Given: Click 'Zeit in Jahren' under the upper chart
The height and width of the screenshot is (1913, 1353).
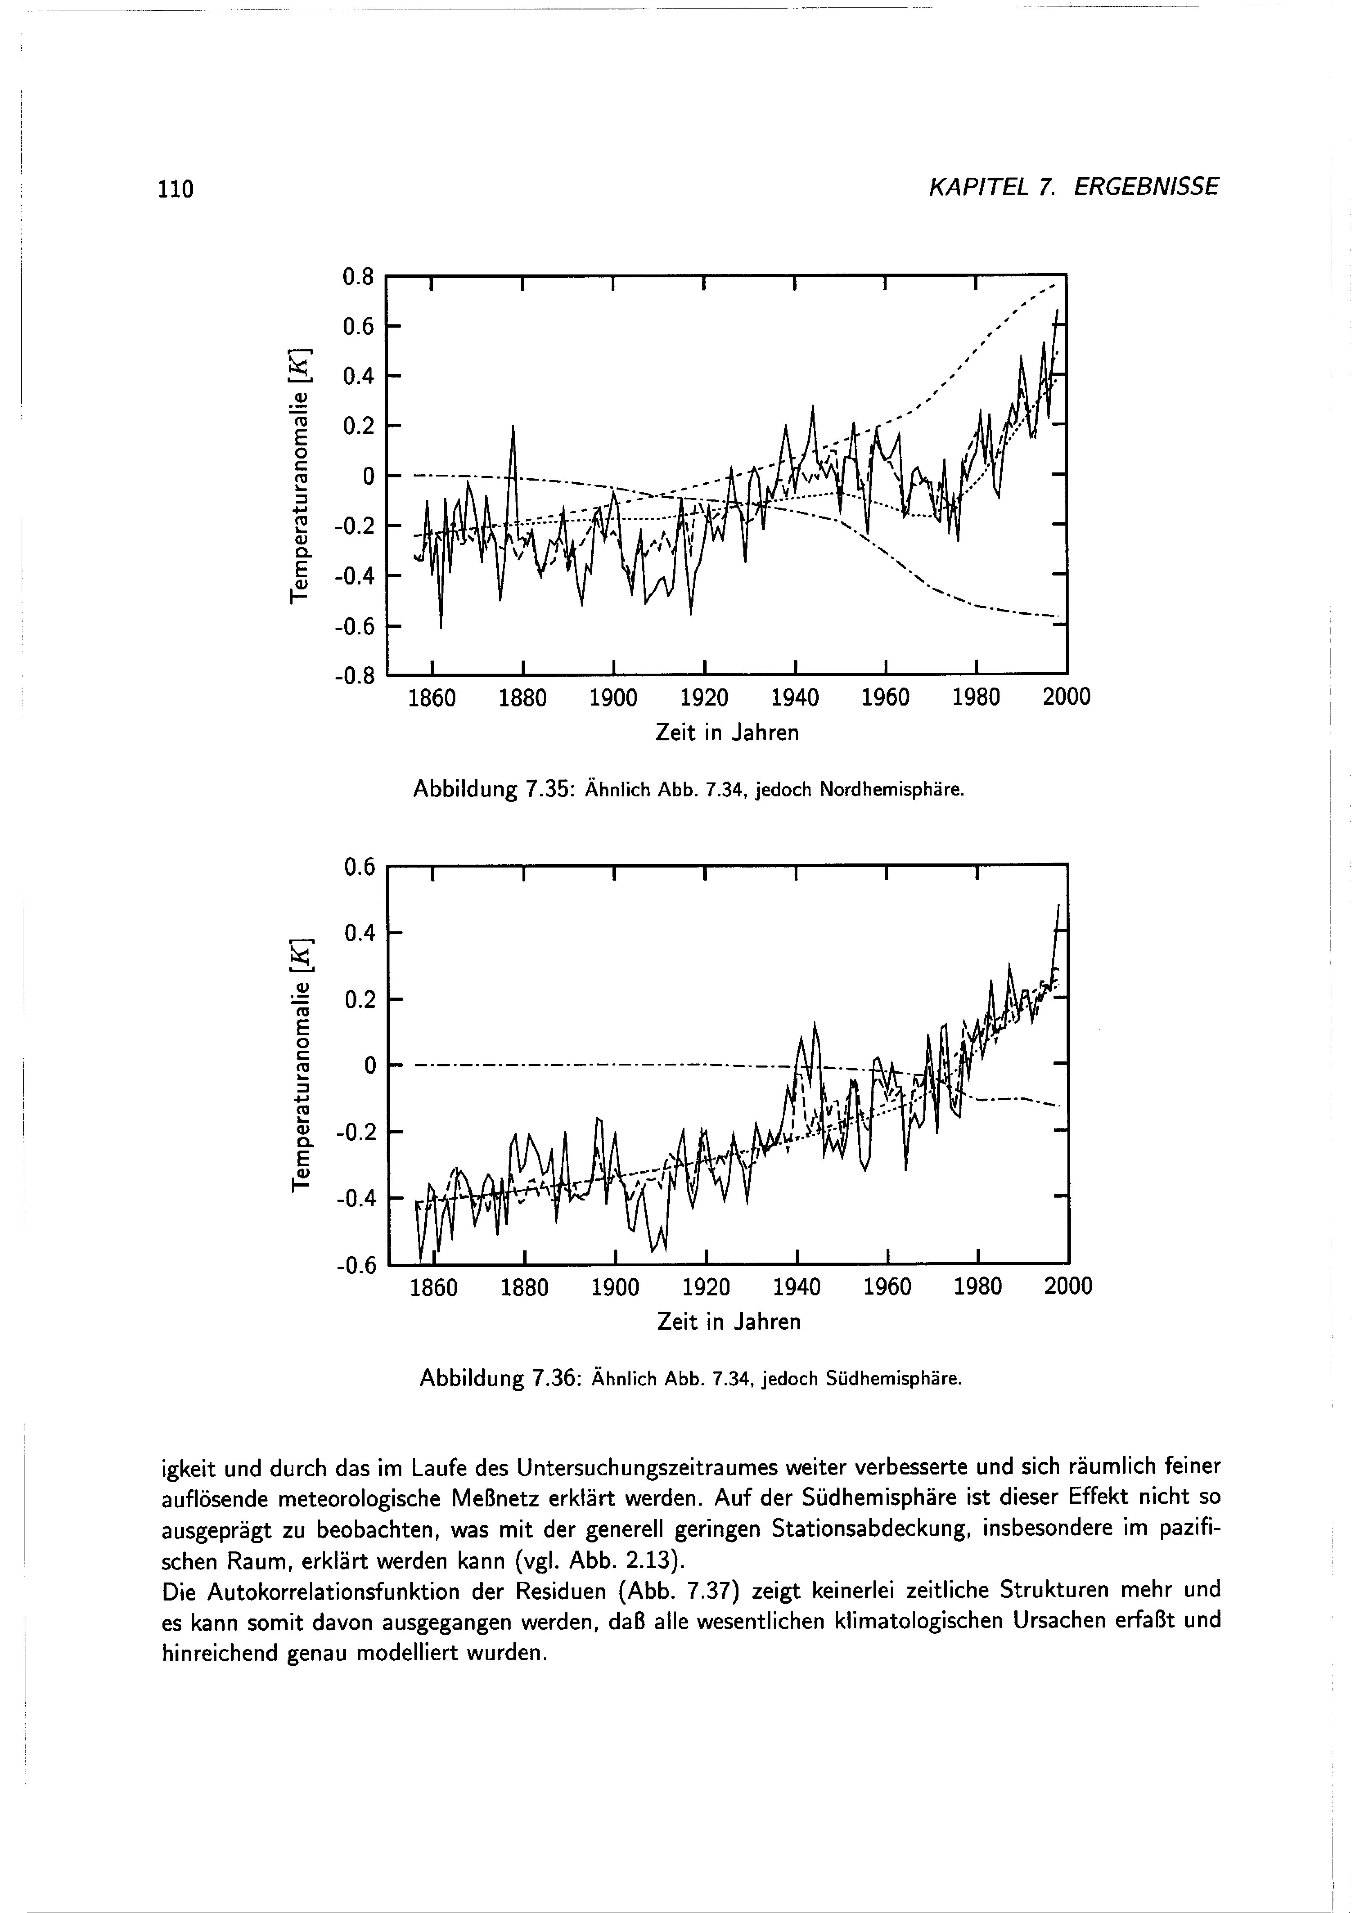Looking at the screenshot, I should tap(728, 733).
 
